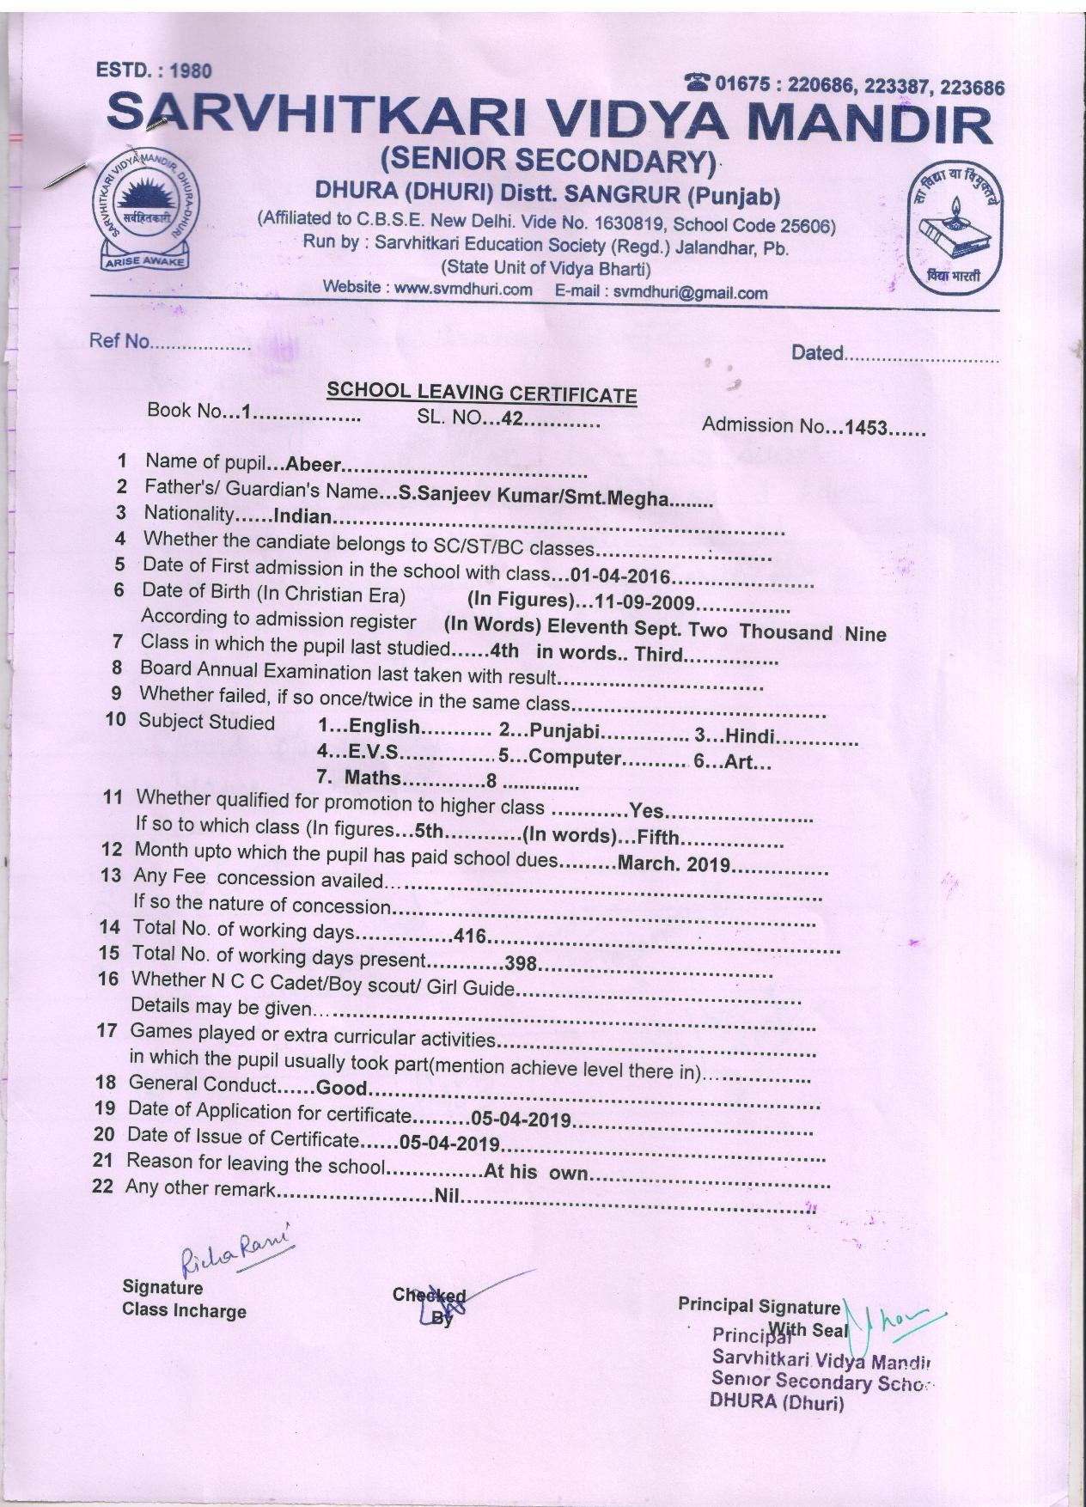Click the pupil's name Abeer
(x=314, y=466)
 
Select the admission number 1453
(x=864, y=427)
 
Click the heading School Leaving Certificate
(x=481, y=394)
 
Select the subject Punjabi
(x=564, y=731)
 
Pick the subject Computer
(x=575, y=758)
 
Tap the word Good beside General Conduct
(x=342, y=1089)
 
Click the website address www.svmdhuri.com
(x=463, y=289)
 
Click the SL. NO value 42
(x=512, y=420)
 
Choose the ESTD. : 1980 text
(x=154, y=70)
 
